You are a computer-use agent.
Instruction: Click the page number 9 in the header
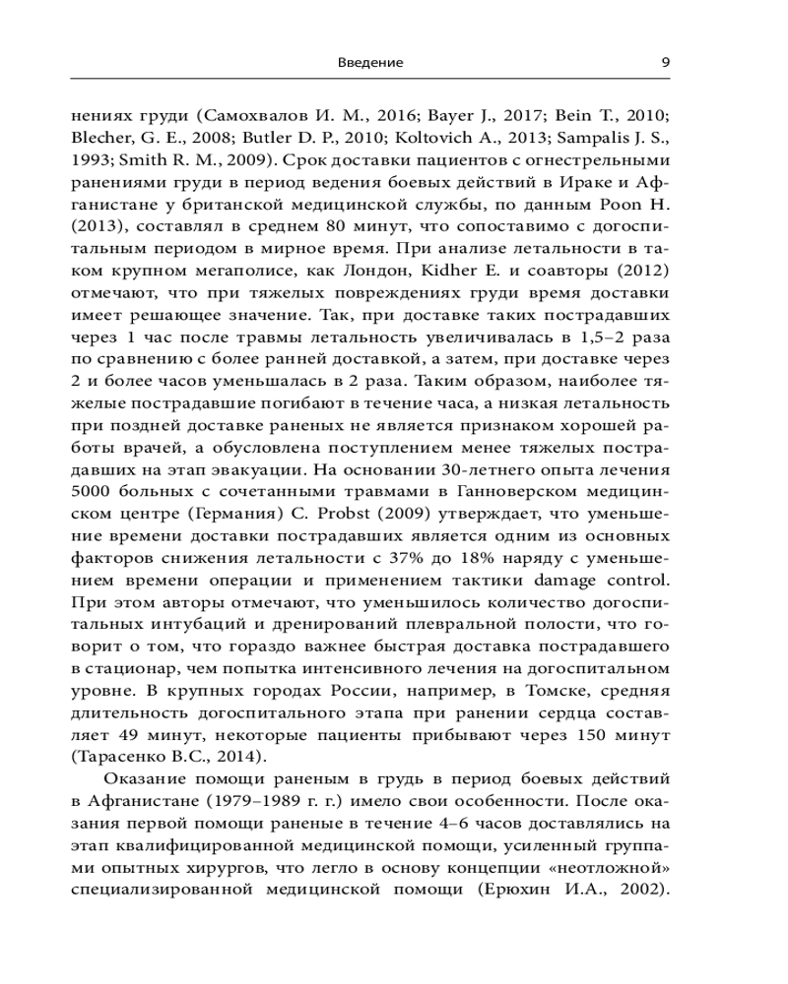click(665, 62)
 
